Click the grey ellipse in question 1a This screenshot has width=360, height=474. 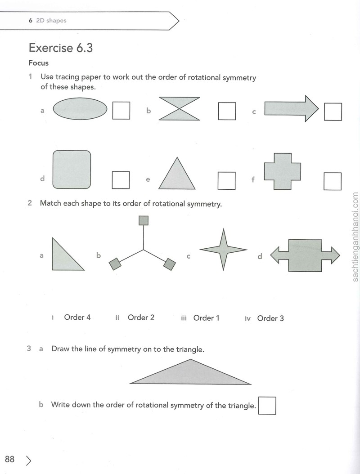pyautogui.click(x=80, y=109)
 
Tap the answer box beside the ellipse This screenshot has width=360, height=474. pyautogui.click(x=121, y=110)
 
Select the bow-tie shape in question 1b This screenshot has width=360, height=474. pyautogui.click(x=179, y=108)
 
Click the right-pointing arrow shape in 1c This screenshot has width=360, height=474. pyautogui.click(x=292, y=108)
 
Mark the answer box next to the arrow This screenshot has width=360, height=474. pyautogui.click(x=333, y=112)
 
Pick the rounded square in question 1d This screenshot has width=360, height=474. pyautogui.click(x=72, y=170)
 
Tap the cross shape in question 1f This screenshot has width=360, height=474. pyautogui.click(x=283, y=171)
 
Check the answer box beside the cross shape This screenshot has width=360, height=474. pyautogui.click(x=333, y=181)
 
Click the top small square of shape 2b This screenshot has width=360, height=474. pyautogui.click(x=144, y=220)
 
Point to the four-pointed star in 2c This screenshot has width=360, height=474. pyautogui.click(x=224, y=250)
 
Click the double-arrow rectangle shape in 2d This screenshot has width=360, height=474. pyautogui.click(x=305, y=255)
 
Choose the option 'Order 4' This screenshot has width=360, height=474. pyautogui.click(x=77, y=317)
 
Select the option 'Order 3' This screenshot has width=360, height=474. pyautogui.click(x=270, y=318)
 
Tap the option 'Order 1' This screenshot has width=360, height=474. pyautogui.click(x=206, y=318)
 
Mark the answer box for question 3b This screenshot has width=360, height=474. pyautogui.click(x=267, y=405)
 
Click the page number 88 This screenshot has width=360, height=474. pyautogui.click(x=10, y=459)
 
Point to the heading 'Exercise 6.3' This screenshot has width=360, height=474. pyautogui.click(x=61, y=48)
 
